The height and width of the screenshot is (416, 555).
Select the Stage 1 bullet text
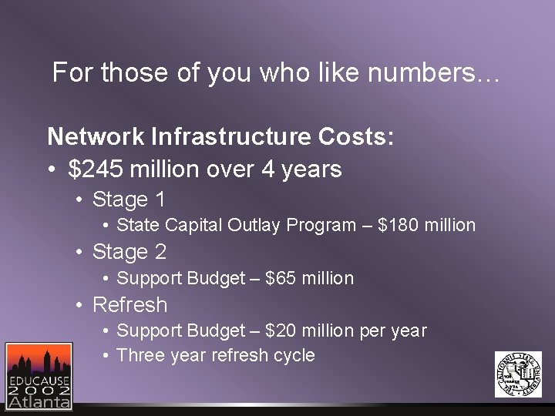[129, 200]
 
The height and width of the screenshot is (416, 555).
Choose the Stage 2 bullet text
[129, 252]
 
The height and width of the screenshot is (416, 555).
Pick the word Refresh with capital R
[129, 304]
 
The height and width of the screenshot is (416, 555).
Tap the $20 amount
[281, 330]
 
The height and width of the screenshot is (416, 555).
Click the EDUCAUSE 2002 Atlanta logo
[38, 375]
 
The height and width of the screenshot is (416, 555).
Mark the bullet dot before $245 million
[52, 169]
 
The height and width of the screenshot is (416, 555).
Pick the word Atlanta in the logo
[39, 401]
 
